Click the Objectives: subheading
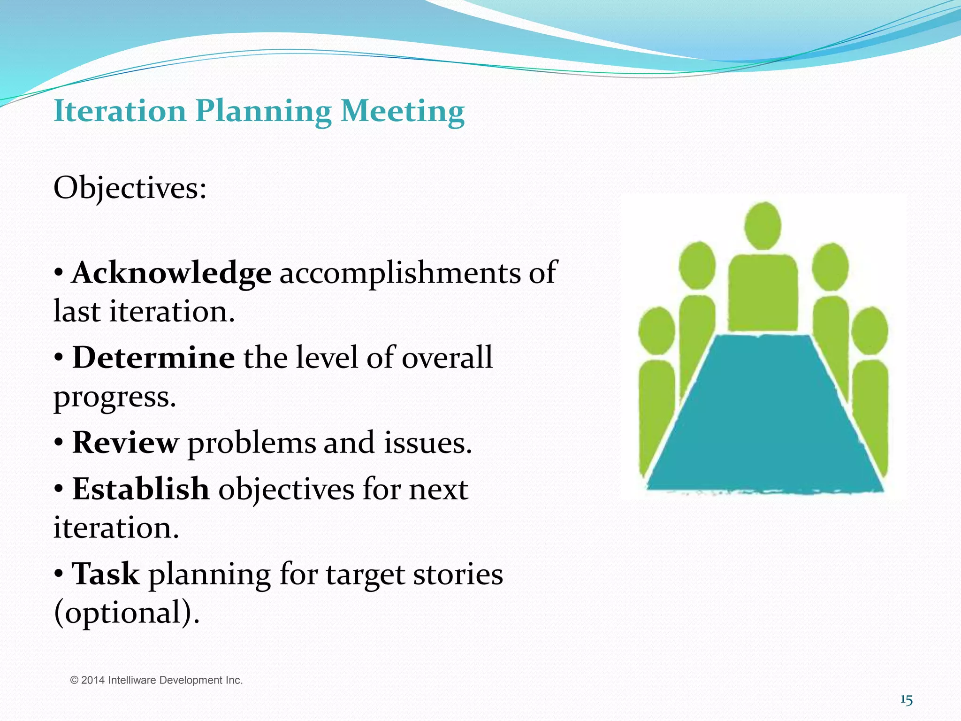click(130, 188)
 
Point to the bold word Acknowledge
click(171, 273)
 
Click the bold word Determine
click(153, 358)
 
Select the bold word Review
click(125, 443)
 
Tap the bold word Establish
click(141, 489)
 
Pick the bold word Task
click(106, 574)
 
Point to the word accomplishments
click(400, 273)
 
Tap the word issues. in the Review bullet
click(427, 443)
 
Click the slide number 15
click(906, 700)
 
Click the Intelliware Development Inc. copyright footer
click(156, 680)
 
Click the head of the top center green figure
click(763, 226)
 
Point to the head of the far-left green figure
click(656, 330)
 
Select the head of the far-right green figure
click(869, 330)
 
